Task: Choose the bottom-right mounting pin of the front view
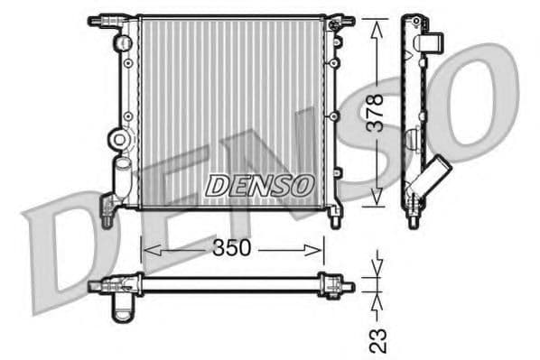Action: pyautogui.click(x=335, y=217)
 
